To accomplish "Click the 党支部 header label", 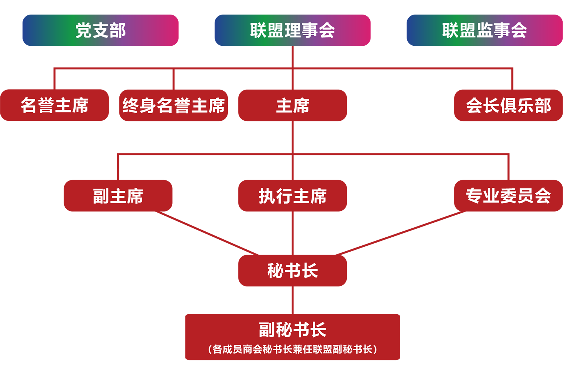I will click(x=101, y=30).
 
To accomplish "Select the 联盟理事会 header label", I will click(x=292, y=30).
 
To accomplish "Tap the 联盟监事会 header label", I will click(x=484, y=30).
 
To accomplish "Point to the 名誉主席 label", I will click(x=54, y=105).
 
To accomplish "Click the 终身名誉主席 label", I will click(x=173, y=105).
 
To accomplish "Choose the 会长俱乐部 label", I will click(x=508, y=105).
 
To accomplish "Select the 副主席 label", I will click(x=118, y=196).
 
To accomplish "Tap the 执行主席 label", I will click(x=292, y=196).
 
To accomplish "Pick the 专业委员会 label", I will click(x=508, y=196).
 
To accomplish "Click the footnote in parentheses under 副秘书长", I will click(x=292, y=349).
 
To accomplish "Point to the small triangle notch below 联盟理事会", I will click(x=293, y=51).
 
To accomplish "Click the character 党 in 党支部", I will click(x=84, y=30).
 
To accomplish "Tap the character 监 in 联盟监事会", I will click(x=485, y=30).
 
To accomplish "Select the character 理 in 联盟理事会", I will click(x=293, y=30).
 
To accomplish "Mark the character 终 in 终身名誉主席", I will click(x=131, y=105).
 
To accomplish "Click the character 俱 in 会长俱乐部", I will click(x=508, y=105).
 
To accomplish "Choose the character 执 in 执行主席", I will click(x=267, y=196).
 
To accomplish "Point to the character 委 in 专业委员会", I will click(x=508, y=196).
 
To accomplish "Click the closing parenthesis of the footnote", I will click(x=375, y=349).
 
